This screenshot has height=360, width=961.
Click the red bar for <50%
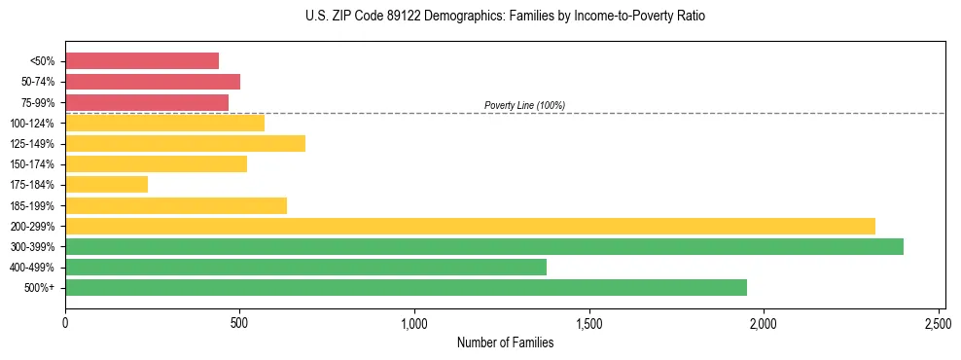pos(142,61)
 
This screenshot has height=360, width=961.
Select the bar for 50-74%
pos(153,82)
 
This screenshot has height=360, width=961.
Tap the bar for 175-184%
pos(107,185)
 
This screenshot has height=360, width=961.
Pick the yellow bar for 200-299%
pos(470,226)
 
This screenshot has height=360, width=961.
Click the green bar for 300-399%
pos(484,247)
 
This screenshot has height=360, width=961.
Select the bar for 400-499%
pos(305,268)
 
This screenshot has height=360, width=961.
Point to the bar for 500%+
pos(406,288)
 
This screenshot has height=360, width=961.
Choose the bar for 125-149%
pos(185,144)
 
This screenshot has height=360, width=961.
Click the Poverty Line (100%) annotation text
pos(524,105)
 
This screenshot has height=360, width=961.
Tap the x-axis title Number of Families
pos(505,342)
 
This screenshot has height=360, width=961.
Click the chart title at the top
pos(505,17)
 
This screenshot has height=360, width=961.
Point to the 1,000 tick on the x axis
pos(414,320)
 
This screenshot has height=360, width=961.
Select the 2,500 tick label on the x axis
pos(938,320)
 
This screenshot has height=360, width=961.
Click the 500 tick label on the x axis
pos(239,320)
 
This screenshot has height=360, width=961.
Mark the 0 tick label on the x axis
pos(65,320)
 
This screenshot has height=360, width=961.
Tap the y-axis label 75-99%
pos(38,103)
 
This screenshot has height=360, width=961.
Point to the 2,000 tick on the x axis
pos(764,320)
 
